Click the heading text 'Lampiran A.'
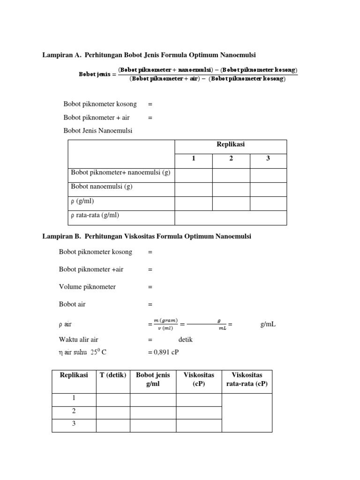[x=61, y=55]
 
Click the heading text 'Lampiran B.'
[x=61, y=236]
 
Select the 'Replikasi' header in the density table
[x=231, y=144]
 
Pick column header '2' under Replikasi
[x=231, y=158]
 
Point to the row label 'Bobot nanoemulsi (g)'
[x=102, y=187]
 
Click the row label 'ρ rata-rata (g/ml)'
[x=95, y=215]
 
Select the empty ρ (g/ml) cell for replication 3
[x=268, y=203]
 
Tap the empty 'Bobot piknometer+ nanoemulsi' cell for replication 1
[x=193, y=175]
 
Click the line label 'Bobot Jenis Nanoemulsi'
[x=98, y=131]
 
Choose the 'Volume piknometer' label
[x=87, y=286]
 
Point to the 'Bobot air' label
[x=72, y=304]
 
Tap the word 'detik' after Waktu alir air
[x=186, y=340]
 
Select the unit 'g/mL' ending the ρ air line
[x=268, y=324]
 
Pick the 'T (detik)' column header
[x=113, y=375]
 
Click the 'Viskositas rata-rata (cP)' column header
[x=247, y=380]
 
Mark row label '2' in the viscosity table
[x=74, y=411]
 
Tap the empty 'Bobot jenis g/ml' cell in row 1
[x=153, y=399]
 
